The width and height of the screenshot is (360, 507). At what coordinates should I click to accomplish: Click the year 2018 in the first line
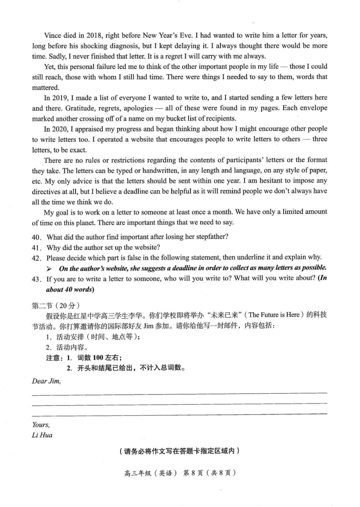point(94,35)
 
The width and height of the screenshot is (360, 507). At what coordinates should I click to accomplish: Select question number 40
point(36,237)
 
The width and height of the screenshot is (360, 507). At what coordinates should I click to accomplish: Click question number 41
point(36,248)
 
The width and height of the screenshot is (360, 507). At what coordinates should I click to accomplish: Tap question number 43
point(36,279)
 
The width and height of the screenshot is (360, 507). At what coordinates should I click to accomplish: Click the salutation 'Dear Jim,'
point(46,381)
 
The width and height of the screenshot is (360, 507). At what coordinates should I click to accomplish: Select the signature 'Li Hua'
point(42,435)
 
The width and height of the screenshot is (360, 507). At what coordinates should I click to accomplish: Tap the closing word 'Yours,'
point(41,425)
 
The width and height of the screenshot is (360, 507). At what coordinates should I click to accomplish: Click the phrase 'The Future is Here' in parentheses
point(276,315)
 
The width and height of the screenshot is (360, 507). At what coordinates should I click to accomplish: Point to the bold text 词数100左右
point(99,358)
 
